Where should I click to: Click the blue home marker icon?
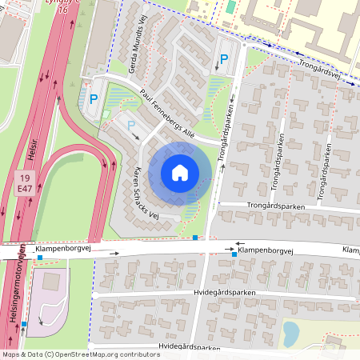pos(180,172)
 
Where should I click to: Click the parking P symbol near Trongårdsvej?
pos(225,59)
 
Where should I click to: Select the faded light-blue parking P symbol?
pos(131,125)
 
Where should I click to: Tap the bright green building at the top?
pos(230,6)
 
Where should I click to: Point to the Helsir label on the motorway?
pos(33,151)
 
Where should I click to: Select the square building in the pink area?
pos(50,282)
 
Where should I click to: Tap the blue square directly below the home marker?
pos(195,237)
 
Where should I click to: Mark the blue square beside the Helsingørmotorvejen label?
pos(25,323)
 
